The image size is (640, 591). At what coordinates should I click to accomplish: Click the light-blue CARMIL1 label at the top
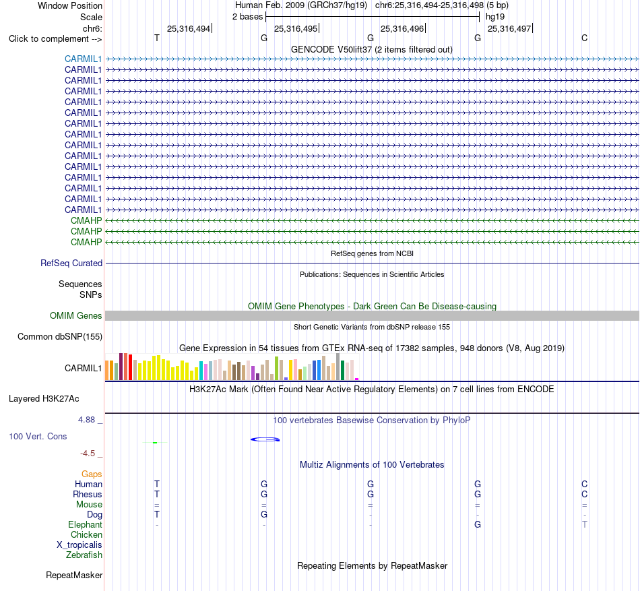click(x=83, y=59)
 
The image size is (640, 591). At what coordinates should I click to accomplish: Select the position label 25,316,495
click(x=296, y=28)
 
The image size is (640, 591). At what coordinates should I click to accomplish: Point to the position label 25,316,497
click(x=509, y=28)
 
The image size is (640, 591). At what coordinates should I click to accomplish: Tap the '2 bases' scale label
click(x=247, y=17)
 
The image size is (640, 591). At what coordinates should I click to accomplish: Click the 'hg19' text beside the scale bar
click(x=495, y=17)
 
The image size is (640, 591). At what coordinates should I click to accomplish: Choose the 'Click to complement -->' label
click(x=55, y=39)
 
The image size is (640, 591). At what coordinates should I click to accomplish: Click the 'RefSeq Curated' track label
click(x=71, y=263)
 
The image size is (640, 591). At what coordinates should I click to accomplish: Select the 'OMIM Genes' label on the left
click(x=76, y=315)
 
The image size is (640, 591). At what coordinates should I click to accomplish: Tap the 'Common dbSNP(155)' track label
click(x=60, y=337)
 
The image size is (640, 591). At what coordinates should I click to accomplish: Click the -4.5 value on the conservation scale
click(x=88, y=454)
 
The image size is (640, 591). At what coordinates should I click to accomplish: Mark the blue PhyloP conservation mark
click(x=265, y=439)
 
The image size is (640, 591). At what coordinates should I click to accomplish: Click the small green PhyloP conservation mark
click(x=155, y=443)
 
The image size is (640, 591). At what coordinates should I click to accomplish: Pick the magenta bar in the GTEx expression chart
click(x=357, y=379)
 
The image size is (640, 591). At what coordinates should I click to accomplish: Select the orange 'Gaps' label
click(x=92, y=474)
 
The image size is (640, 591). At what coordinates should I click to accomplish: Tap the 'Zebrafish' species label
click(x=84, y=555)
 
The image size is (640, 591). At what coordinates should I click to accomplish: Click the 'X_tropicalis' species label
click(x=79, y=545)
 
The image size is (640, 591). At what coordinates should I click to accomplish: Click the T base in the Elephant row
click(x=585, y=524)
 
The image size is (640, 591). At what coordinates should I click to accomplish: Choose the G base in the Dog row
click(x=264, y=514)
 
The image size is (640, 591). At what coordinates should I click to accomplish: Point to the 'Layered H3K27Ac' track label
click(x=44, y=399)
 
